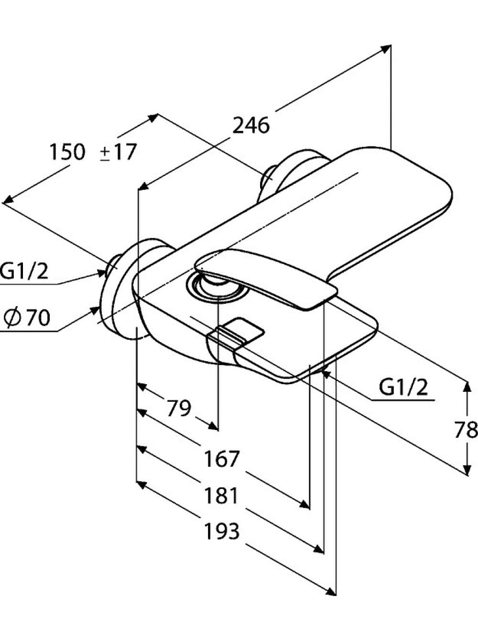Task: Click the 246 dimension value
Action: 251,125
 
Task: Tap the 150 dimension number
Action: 68,152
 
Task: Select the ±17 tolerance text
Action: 118,152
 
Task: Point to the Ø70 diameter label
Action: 27,318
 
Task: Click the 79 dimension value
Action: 179,409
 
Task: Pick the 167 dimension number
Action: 222,459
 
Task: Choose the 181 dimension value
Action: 221,496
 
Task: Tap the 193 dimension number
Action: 222,531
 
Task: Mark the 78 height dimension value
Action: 467,430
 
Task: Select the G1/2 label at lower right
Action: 403,387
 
